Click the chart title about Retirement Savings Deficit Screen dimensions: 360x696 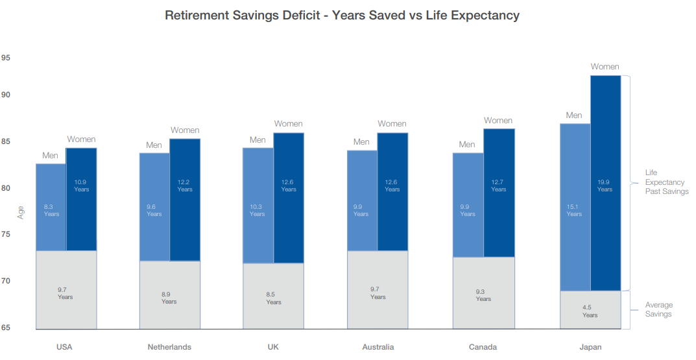342,16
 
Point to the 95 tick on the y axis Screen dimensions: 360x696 6,58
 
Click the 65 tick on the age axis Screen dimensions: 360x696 6,328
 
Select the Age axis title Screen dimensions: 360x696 21,212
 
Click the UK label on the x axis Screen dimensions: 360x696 273,347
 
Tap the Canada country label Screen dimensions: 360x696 483,347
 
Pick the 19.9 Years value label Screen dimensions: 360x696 605,186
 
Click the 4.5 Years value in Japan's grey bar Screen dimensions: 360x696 590,311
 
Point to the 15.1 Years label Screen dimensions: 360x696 574,210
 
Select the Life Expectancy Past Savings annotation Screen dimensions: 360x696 666,182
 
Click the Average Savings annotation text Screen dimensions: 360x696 658,309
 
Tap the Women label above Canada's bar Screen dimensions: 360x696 498,121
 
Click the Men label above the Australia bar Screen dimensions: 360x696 361,142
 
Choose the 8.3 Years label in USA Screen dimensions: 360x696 51,210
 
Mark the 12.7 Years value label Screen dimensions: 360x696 498,186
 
